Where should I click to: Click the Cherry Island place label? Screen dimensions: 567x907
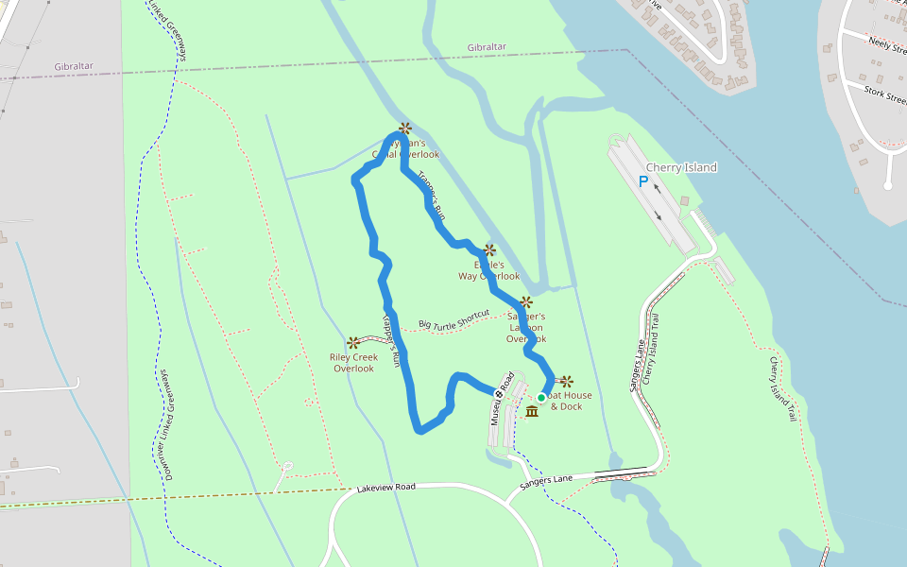(681, 167)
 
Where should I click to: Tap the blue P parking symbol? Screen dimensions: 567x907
(643, 181)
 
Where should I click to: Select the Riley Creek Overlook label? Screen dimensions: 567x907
(353, 363)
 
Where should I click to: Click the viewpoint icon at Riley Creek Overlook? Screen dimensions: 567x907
(353, 342)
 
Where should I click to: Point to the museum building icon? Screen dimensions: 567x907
(532, 412)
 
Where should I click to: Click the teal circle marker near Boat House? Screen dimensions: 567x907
(541, 398)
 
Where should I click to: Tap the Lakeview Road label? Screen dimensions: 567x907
(386, 488)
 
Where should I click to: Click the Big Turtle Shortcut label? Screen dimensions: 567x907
(453, 320)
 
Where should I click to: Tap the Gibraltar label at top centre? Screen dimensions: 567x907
(487, 47)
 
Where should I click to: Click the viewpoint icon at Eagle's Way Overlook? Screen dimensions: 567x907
(489, 250)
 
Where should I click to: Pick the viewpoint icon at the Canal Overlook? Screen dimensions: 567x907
(404, 128)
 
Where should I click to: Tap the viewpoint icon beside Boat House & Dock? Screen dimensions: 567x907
(566, 382)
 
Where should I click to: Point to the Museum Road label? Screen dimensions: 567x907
(501, 396)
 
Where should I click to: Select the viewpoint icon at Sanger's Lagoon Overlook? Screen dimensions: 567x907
(526, 302)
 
